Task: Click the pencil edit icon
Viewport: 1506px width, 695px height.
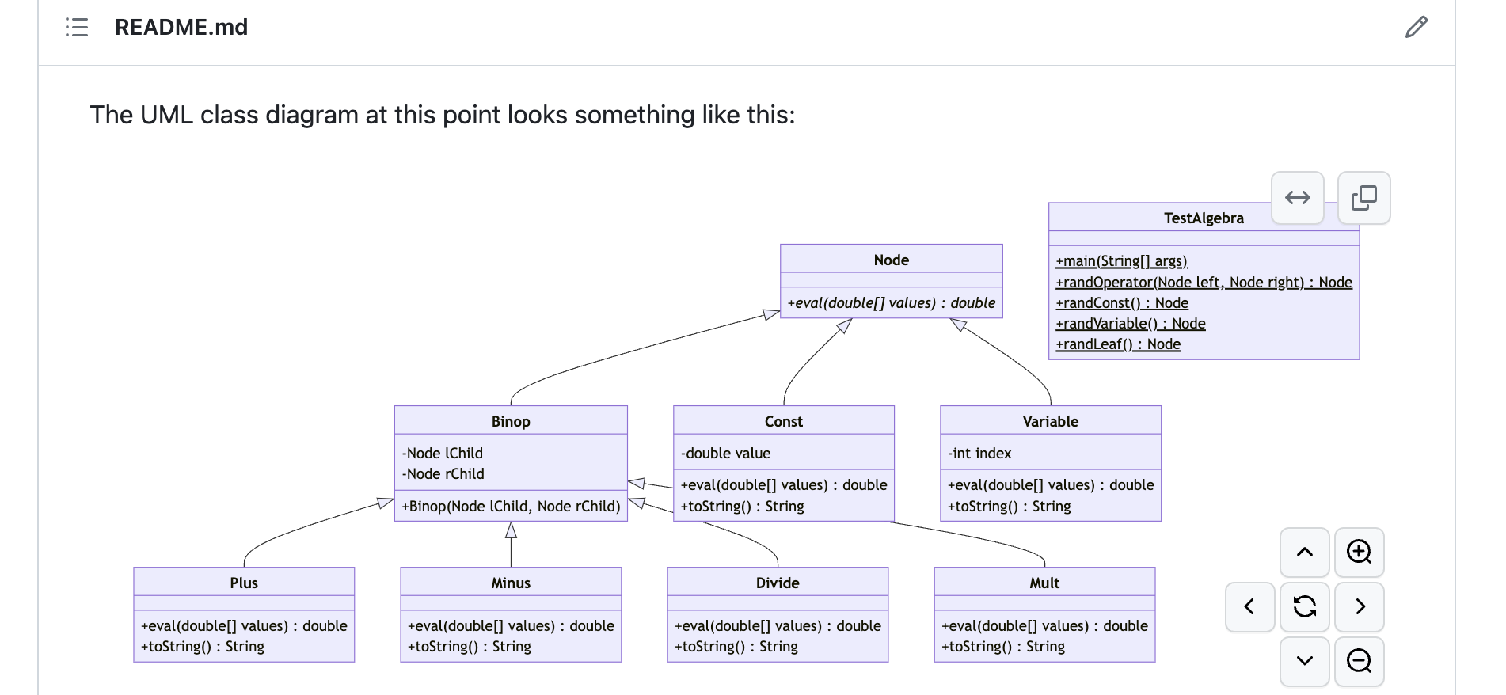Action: coord(1416,28)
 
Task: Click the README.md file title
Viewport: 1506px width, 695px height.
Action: coord(181,28)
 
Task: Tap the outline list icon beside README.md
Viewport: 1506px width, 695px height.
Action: coord(77,28)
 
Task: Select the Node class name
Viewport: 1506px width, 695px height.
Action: coord(891,260)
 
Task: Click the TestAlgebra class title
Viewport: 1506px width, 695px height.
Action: coord(1203,218)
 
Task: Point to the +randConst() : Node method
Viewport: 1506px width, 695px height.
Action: coord(1121,303)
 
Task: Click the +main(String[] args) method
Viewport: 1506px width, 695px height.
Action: coord(1120,261)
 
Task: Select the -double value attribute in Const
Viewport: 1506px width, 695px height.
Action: coord(725,454)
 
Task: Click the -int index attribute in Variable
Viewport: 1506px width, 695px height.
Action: coord(979,454)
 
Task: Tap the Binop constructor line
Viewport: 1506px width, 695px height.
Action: coord(511,507)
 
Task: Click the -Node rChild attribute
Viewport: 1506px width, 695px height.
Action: coord(443,474)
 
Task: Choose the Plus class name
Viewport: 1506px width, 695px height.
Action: coord(244,583)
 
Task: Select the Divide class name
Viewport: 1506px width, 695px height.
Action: coord(777,583)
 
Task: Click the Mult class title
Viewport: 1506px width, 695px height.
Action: coord(1044,583)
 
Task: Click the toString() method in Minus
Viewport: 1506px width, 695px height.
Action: coord(469,647)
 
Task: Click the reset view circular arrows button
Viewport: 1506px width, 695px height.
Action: coord(1304,606)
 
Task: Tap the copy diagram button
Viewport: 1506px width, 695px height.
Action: coord(1363,198)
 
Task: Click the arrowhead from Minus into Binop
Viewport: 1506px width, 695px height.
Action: coord(511,530)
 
